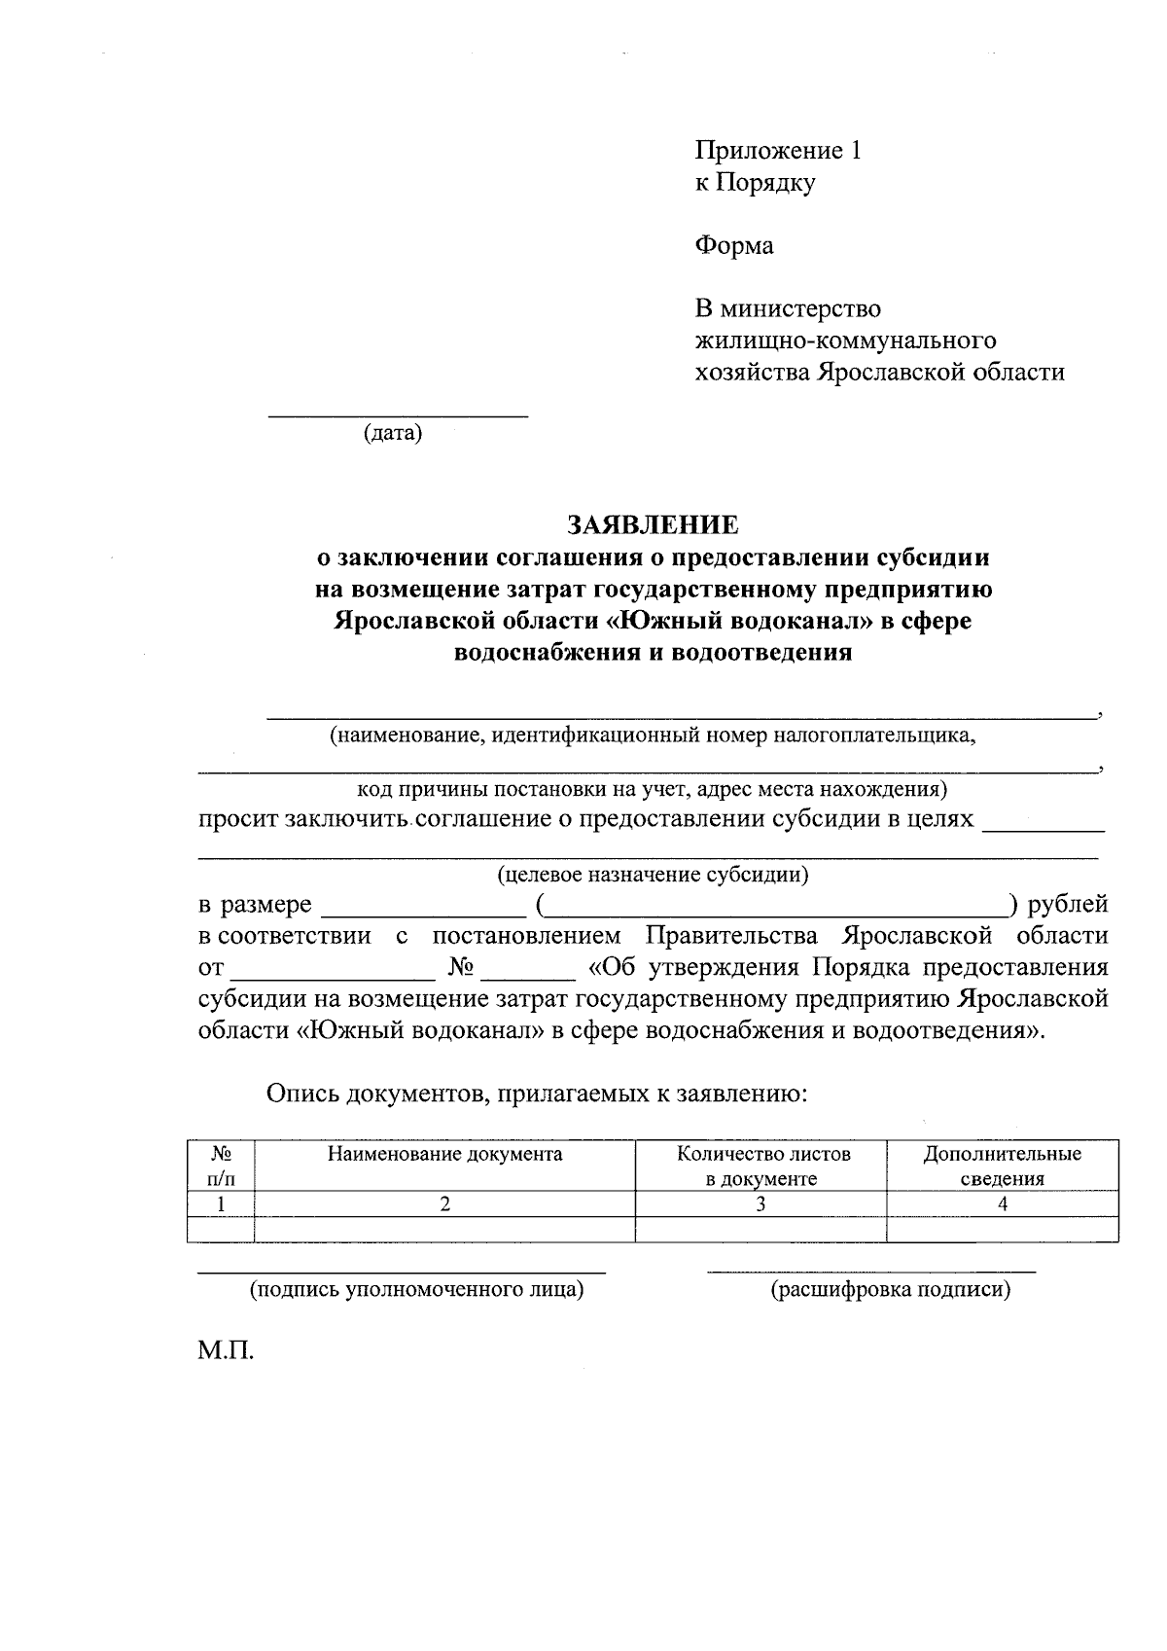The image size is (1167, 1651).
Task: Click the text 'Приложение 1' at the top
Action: click(x=778, y=151)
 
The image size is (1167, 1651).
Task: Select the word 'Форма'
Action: click(x=734, y=246)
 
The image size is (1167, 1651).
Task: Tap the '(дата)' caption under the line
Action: click(x=393, y=433)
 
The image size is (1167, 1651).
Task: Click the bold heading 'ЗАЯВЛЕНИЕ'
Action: click(x=653, y=525)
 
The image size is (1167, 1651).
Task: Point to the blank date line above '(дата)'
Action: click(x=398, y=415)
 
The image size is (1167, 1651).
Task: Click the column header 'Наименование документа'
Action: click(x=444, y=1155)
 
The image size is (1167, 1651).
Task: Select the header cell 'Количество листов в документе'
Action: click(x=762, y=1166)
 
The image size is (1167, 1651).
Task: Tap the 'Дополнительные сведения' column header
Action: click(x=1002, y=1166)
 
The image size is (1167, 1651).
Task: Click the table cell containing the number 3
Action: click(x=760, y=1204)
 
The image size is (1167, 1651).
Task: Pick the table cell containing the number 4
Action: click(x=1002, y=1204)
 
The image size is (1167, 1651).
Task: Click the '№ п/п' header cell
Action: click(x=221, y=1166)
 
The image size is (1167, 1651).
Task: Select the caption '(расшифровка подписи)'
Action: click(x=890, y=1291)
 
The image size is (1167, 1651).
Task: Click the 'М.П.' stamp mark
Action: click(x=226, y=1352)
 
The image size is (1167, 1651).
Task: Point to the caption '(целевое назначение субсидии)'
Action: click(x=653, y=875)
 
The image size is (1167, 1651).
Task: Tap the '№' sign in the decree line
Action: click(x=461, y=968)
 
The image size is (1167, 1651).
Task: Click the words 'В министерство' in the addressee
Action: click(x=788, y=309)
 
